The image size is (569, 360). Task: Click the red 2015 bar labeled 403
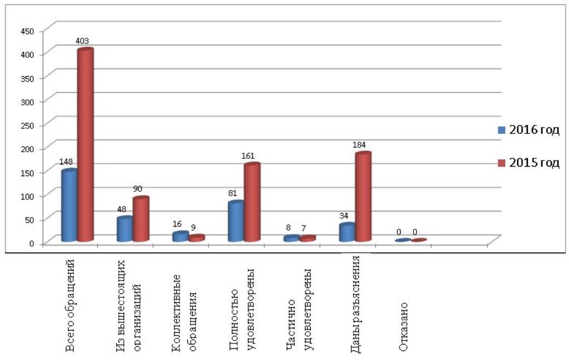[x=85, y=144]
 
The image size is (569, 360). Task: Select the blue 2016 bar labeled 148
[x=69, y=206]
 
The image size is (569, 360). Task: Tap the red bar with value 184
[x=363, y=197]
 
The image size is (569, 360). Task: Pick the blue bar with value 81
[x=236, y=221]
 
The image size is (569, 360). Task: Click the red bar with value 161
[x=252, y=202]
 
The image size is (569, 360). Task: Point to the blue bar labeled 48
[x=124, y=229]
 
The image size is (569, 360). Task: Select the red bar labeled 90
[x=141, y=219]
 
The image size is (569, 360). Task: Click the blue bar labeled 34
[x=347, y=232]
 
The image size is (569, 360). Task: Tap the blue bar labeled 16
[x=180, y=237]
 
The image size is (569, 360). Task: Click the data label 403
[x=82, y=41]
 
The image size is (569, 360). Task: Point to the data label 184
[x=361, y=144]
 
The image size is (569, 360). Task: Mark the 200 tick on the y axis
[x=28, y=148]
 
